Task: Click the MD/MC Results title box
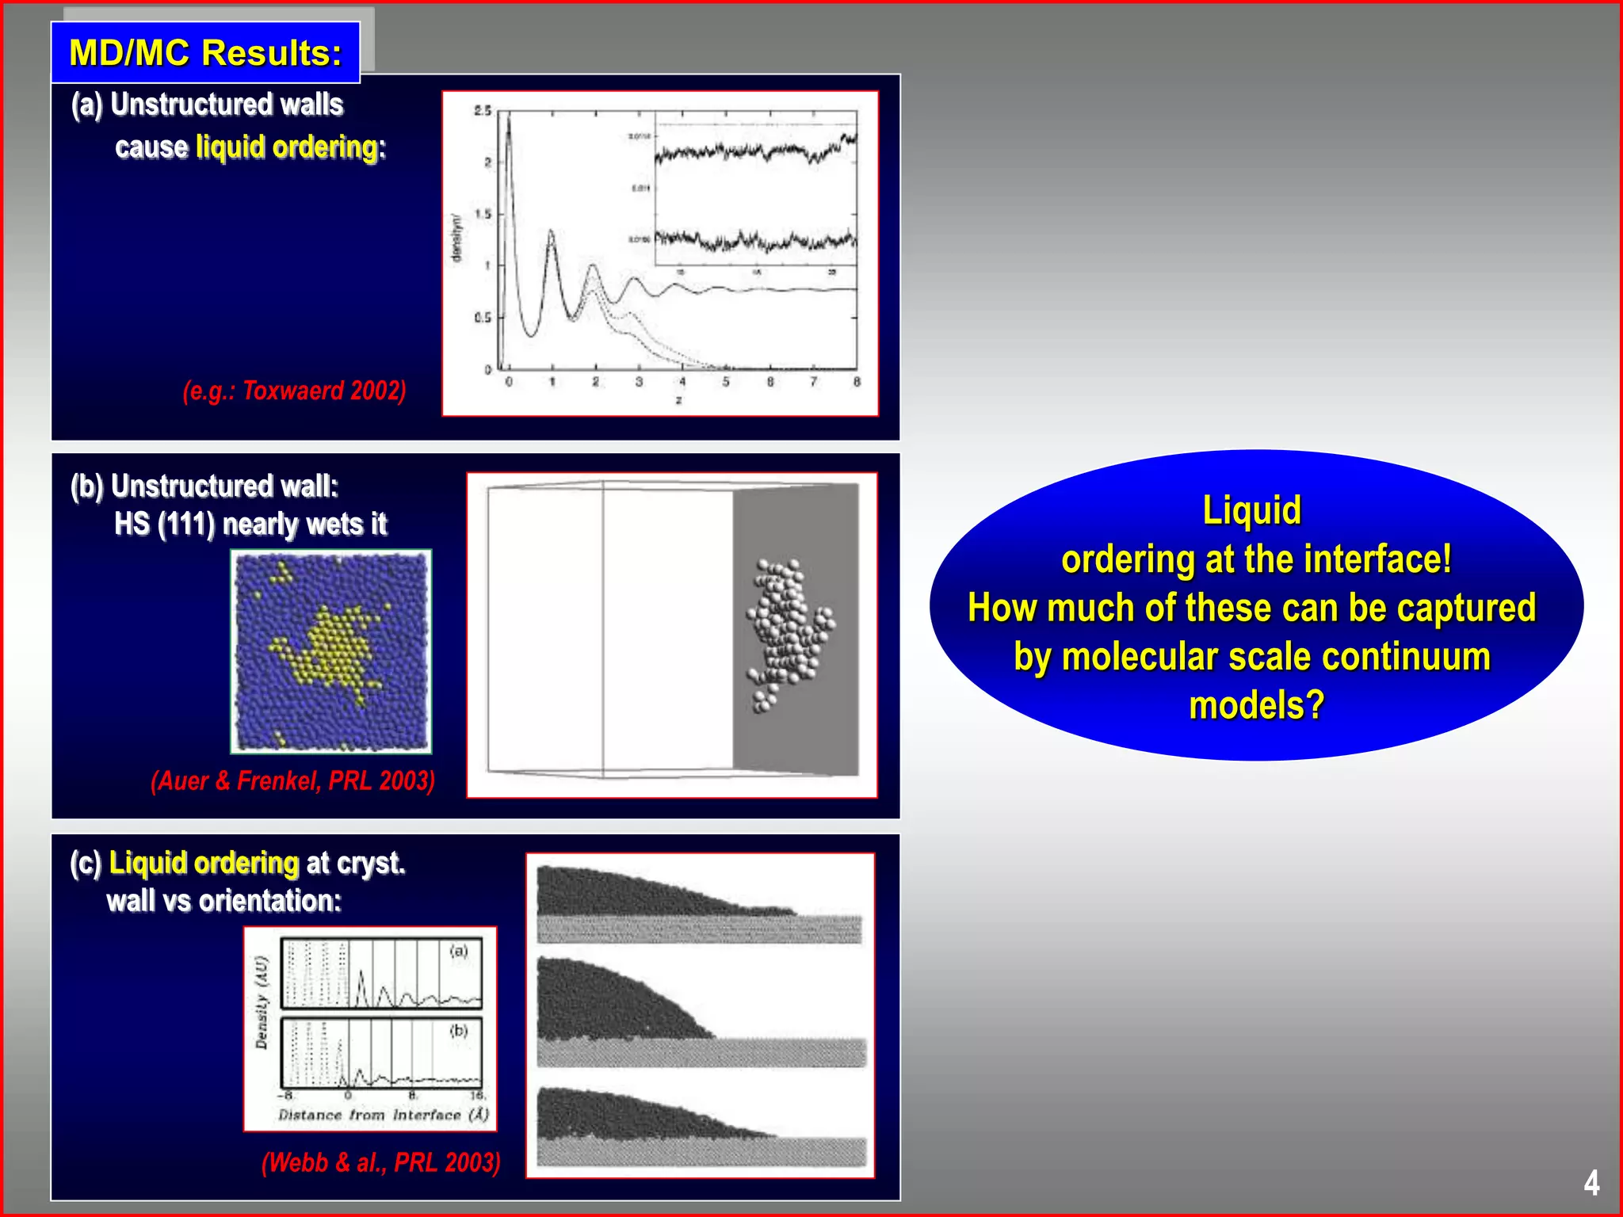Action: [x=205, y=53]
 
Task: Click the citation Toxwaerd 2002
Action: [x=294, y=391]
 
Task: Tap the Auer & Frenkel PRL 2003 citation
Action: [x=292, y=780]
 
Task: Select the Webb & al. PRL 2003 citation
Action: [x=380, y=1162]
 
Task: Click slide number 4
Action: [x=1591, y=1183]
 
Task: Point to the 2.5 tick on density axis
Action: [x=482, y=111]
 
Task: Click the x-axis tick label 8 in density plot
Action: [x=857, y=382]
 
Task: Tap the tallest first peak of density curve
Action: [x=508, y=119]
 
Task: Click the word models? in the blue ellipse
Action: [x=1256, y=705]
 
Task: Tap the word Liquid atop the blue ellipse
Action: [x=1251, y=509]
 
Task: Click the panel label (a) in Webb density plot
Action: [x=459, y=951]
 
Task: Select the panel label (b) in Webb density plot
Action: [x=459, y=1030]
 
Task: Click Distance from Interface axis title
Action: [x=383, y=1115]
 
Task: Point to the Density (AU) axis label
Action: [x=262, y=1002]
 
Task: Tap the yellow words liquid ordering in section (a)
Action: [x=290, y=147]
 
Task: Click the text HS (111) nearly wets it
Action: [x=250, y=524]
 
